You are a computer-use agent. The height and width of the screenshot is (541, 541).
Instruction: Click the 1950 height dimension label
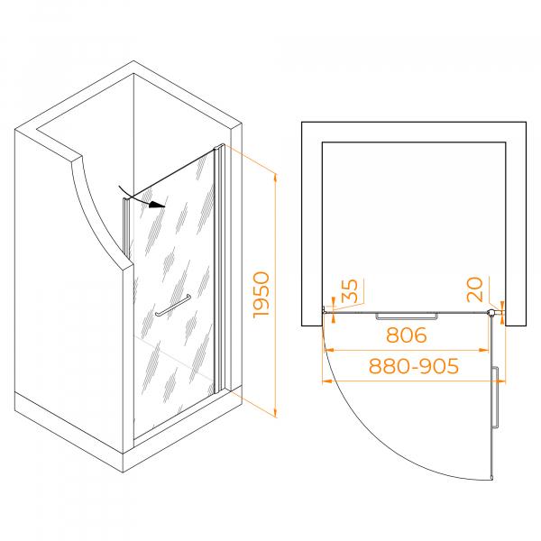pyautogui.click(x=261, y=295)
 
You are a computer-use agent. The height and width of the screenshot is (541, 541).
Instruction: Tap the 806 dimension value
pyautogui.click(x=407, y=335)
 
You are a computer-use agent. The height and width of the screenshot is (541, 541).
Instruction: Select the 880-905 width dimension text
pyautogui.click(x=414, y=366)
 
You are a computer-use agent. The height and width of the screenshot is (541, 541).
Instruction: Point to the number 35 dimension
pyautogui.click(x=350, y=290)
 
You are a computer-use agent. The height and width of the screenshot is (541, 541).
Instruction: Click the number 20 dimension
pyautogui.click(x=474, y=289)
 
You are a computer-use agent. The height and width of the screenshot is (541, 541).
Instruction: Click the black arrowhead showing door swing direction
pyautogui.click(x=157, y=205)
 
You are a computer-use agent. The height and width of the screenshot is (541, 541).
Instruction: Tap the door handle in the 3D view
pyautogui.click(x=173, y=306)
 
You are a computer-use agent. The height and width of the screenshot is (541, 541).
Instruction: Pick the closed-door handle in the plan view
pyautogui.click(x=407, y=316)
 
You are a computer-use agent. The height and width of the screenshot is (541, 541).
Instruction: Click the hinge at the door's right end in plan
pyautogui.click(x=491, y=313)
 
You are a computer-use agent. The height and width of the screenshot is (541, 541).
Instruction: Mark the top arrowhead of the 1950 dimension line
pyautogui.click(x=275, y=178)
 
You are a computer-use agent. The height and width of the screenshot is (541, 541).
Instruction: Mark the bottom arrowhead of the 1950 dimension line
pyautogui.click(x=275, y=413)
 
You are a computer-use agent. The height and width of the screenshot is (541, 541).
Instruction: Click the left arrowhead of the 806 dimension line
pyautogui.click(x=329, y=350)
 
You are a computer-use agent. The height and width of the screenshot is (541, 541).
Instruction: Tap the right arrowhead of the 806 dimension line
pyautogui.click(x=484, y=350)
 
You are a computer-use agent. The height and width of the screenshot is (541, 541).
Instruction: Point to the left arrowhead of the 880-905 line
pyautogui.click(x=326, y=381)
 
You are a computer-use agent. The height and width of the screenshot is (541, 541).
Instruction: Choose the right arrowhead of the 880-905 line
pyautogui.click(x=500, y=381)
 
